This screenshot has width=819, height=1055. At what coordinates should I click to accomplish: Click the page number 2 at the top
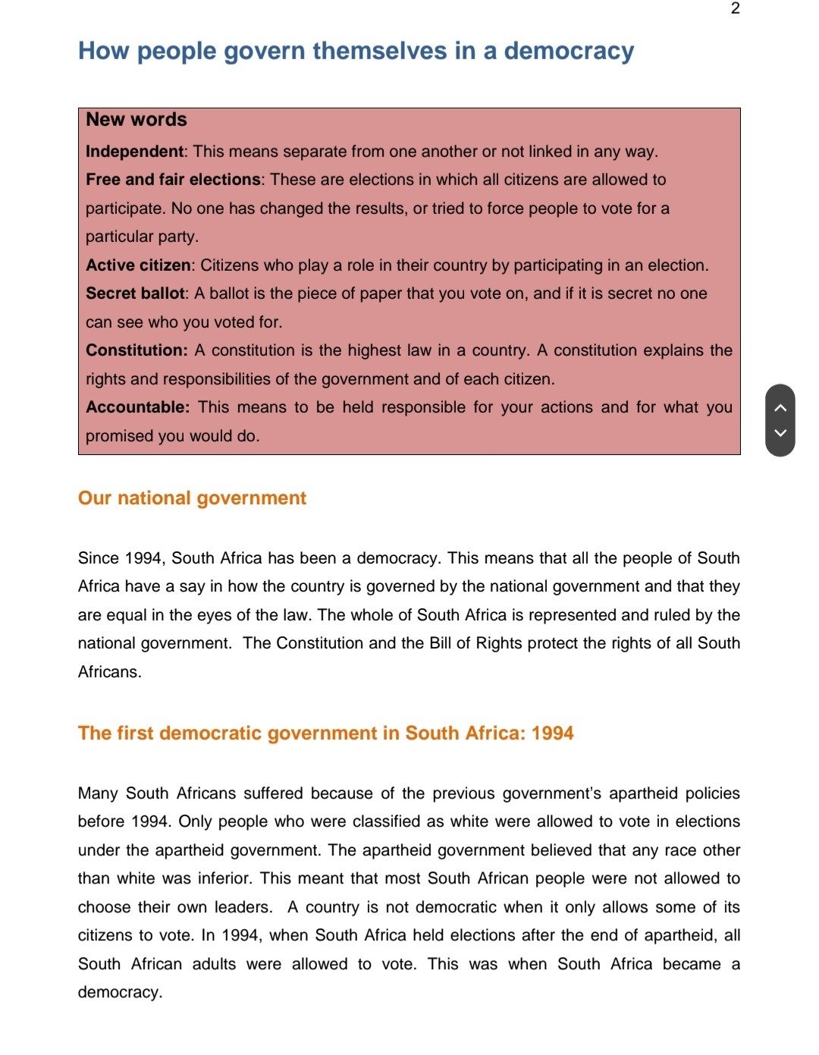point(735,8)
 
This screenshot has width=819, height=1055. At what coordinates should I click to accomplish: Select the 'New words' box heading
point(136,120)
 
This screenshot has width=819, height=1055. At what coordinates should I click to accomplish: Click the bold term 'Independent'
point(134,152)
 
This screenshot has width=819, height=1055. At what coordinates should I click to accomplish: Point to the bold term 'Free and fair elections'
point(173,180)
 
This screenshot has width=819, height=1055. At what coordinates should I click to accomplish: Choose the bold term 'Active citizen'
point(138,265)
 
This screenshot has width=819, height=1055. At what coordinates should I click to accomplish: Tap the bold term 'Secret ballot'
point(135,294)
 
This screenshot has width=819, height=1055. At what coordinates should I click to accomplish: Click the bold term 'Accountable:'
point(137,407)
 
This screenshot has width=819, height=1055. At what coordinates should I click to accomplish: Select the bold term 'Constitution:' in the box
point(136,350)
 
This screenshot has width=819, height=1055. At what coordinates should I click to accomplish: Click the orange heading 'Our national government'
point(192,498)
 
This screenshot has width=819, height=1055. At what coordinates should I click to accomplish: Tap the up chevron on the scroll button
point(780,407)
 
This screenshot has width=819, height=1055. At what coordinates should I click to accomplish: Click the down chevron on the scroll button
point(780,433)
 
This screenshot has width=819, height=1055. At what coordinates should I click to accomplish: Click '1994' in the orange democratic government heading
point(552,733)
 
